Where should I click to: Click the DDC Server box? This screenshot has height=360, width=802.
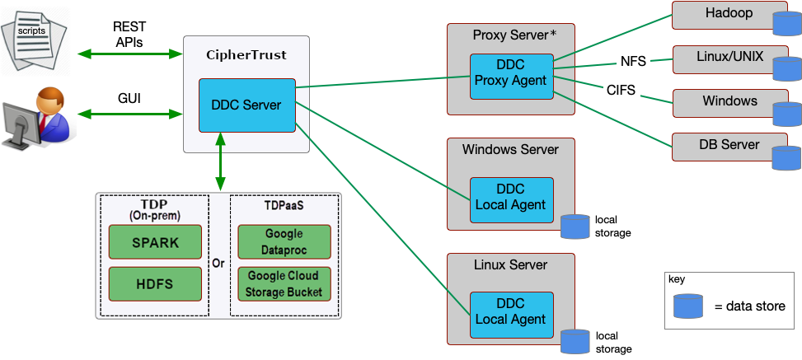(x=246, y=105)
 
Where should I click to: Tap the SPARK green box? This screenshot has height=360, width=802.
(x=155, y=243)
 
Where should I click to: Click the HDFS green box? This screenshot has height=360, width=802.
(x=155, y=283)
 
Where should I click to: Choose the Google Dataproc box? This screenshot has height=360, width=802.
(x=284, y=241)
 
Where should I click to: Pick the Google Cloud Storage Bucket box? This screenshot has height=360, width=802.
(x=284, y=283)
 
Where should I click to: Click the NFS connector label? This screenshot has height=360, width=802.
(x=634, y=62)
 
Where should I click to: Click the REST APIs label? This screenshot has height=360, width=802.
(x=129, y=35)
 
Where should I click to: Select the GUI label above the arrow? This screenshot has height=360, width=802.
(x=129, y=99)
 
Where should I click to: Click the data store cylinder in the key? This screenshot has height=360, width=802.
(x=688, y=306)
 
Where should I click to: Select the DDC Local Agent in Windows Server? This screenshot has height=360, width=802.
(x=511, y=198)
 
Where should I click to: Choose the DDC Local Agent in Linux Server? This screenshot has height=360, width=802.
(x=511, y=312)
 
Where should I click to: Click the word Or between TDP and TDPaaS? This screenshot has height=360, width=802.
(x=218, y=264)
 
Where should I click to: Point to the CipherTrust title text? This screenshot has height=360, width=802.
(x=246, y=54)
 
